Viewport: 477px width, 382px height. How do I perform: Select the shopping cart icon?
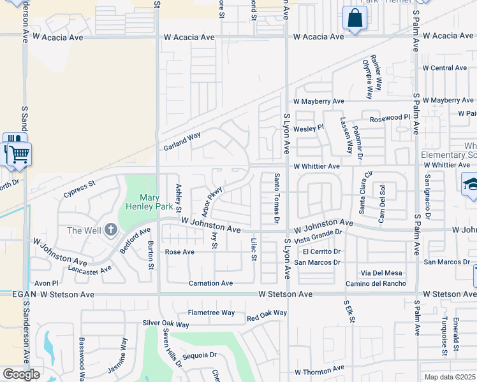pos(19,153)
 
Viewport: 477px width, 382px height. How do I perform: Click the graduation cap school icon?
pos(471,184)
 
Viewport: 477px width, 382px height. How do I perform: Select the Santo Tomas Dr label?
pos(277,199)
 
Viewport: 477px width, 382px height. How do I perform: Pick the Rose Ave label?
pos(180,252)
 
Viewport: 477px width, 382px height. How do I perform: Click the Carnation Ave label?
pos(210,283)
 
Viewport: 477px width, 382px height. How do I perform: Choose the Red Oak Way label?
pos(267,313)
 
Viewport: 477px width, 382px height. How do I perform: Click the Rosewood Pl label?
pos(390,118)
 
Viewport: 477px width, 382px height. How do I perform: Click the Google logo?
pos(21,374)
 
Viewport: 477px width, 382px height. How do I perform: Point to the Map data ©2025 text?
pos(450,377)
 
